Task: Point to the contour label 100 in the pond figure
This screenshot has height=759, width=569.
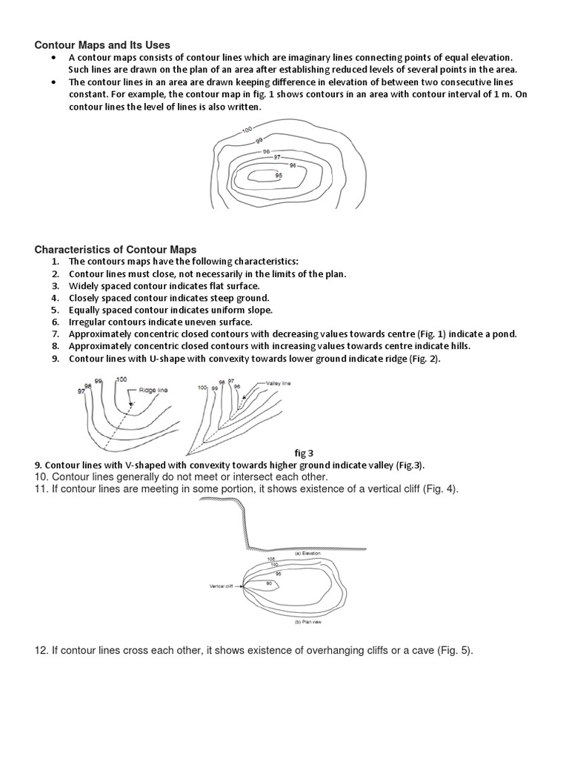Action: coord(247,130)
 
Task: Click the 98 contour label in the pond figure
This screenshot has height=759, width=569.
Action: coord(265,151)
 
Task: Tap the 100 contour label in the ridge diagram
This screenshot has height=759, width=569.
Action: coord(121,379)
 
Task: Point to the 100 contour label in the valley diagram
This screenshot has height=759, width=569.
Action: coord(202,387)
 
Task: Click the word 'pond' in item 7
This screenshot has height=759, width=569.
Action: coord(505,334)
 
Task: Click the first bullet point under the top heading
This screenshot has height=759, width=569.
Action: coord(55,58)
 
